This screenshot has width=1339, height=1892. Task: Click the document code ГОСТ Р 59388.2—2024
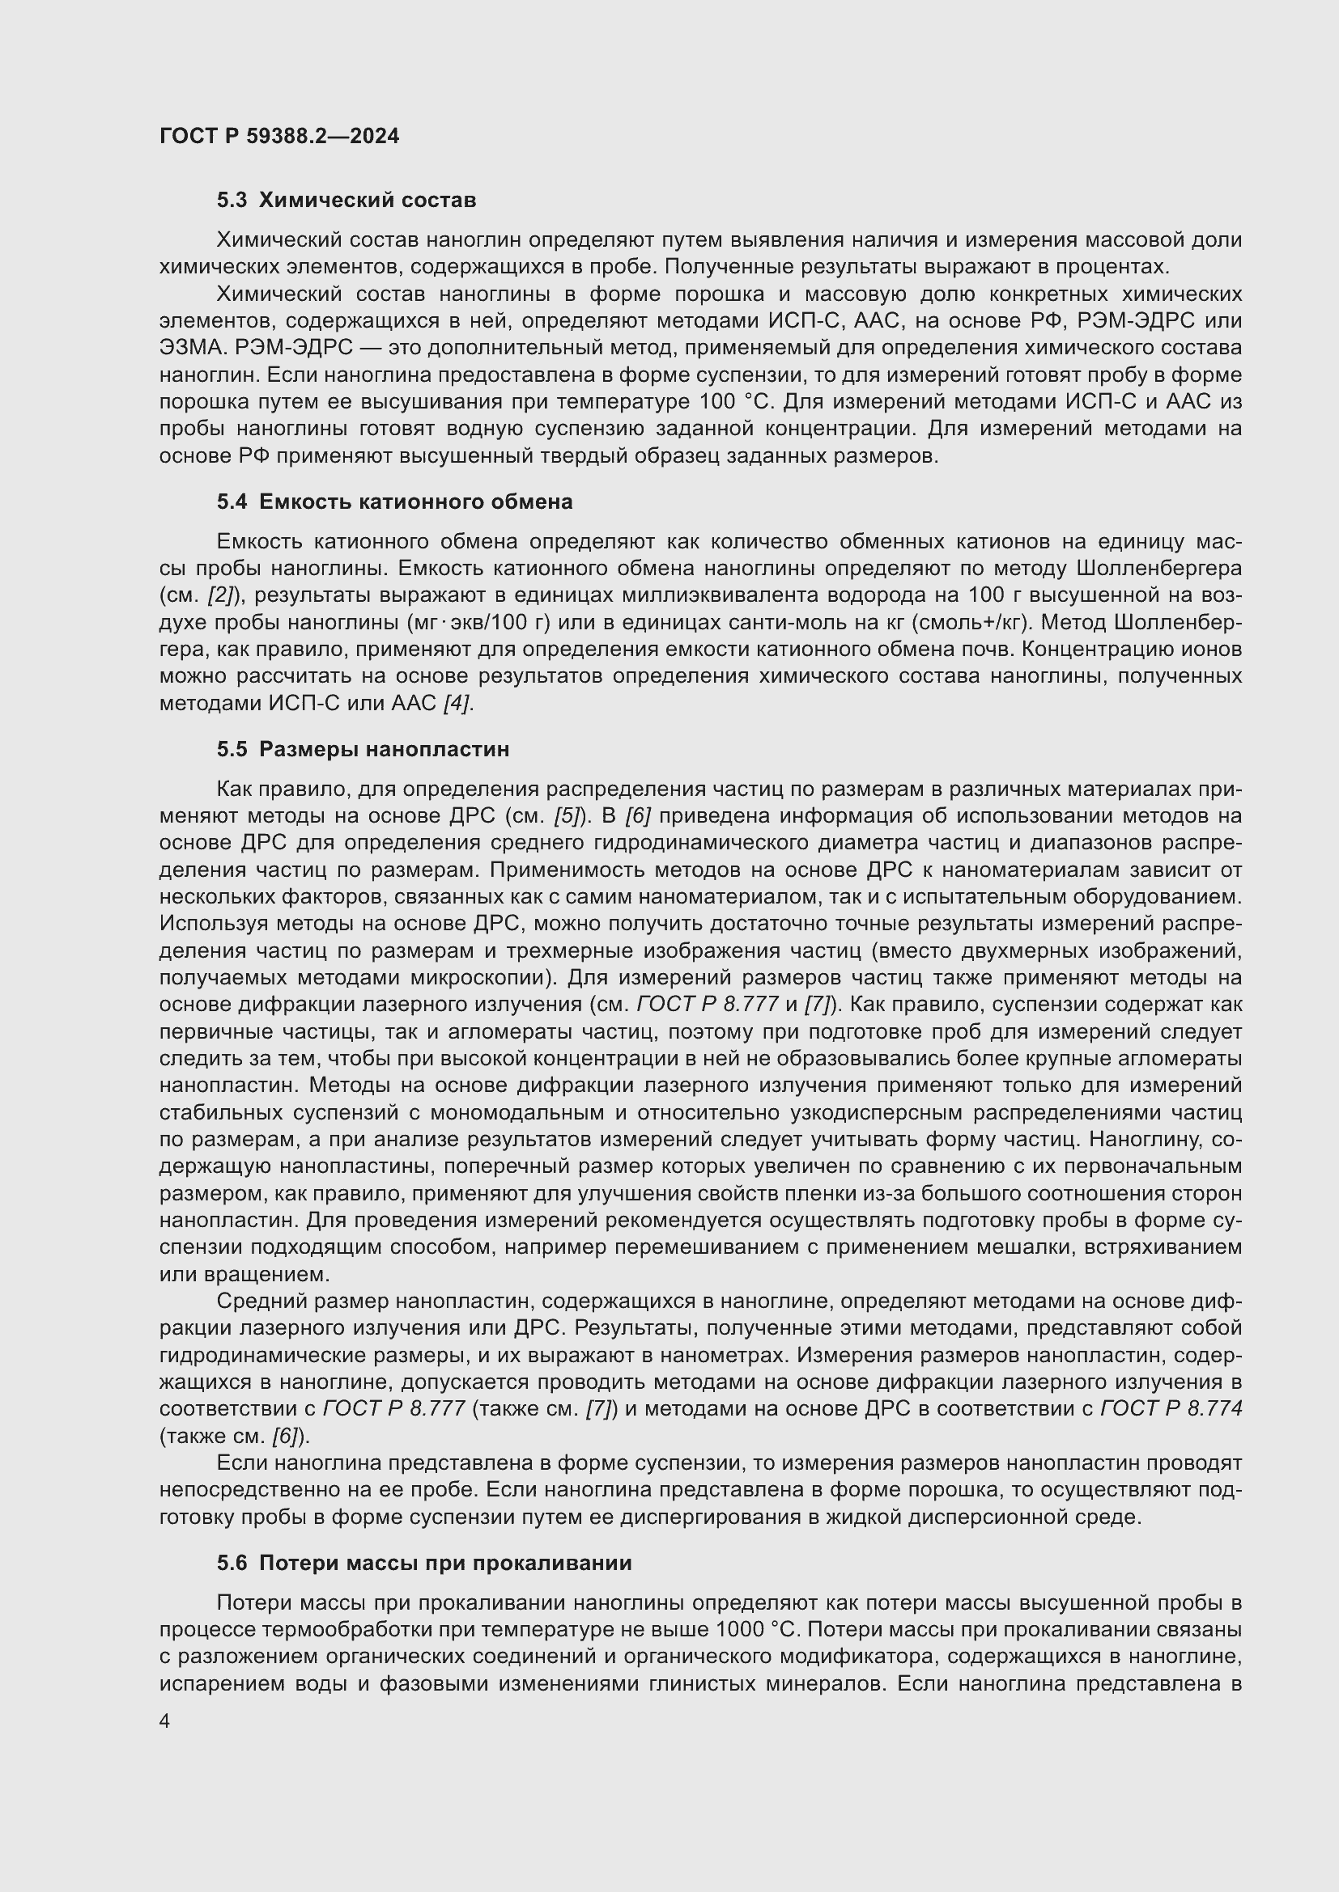pyautogui.click(x=278, y=136)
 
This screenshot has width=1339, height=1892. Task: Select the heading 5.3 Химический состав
pyautogui.click(x=346, y=201)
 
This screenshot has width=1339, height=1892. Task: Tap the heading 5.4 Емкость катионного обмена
pyautogui.click(x=394, y=502)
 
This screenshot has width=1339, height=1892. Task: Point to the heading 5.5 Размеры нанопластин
pyautogui.click(x=363, y=749)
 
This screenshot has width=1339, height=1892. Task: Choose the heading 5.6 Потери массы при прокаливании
pyautogui.click(x=423, y=1564)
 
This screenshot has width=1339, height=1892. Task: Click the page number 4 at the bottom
pyautogui.click(x=165, y=1722)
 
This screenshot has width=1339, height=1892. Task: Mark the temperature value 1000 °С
pyautogui.click(x=756, y=1630)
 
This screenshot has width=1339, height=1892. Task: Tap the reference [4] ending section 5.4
pyautogui.click(x=457, y=703)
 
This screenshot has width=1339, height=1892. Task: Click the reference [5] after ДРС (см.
pyautogui.click(x=567, y=816)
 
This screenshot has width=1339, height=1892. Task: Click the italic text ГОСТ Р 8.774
pyautogui.click(x=1171, y=1409)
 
